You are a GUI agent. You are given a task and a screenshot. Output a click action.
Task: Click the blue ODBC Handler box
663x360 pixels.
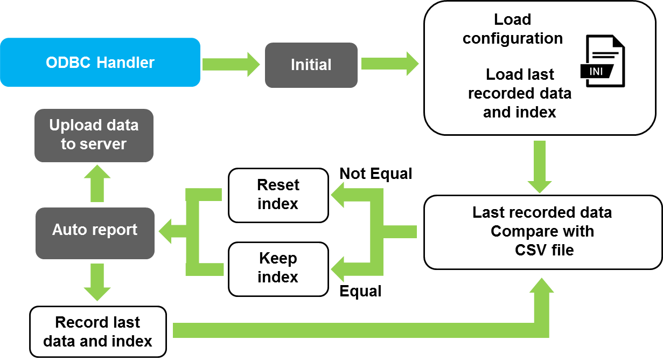tap(100, 62)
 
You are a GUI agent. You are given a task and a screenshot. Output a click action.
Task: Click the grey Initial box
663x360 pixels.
tap(311, 65)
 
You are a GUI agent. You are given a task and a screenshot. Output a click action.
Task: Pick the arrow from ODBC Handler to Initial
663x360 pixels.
tap(231, 65)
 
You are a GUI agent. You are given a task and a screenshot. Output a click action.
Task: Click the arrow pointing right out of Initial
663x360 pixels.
tap(389, 64)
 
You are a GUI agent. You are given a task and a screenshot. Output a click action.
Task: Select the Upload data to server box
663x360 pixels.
tap(94, 135)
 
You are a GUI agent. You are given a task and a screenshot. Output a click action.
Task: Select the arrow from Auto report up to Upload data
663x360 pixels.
tap(97, 183)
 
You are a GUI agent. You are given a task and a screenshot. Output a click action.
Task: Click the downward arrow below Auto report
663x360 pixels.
tap(97, 282)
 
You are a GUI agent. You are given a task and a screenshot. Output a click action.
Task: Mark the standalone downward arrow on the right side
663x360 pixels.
tap(540, 167)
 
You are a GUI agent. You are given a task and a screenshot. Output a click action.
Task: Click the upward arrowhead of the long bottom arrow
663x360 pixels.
tap(541, 286)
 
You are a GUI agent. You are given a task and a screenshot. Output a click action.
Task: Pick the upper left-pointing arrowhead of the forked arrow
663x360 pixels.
tap(338, 195)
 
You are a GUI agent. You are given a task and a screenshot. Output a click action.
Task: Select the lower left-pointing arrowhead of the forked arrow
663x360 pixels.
tap(338, 269)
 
